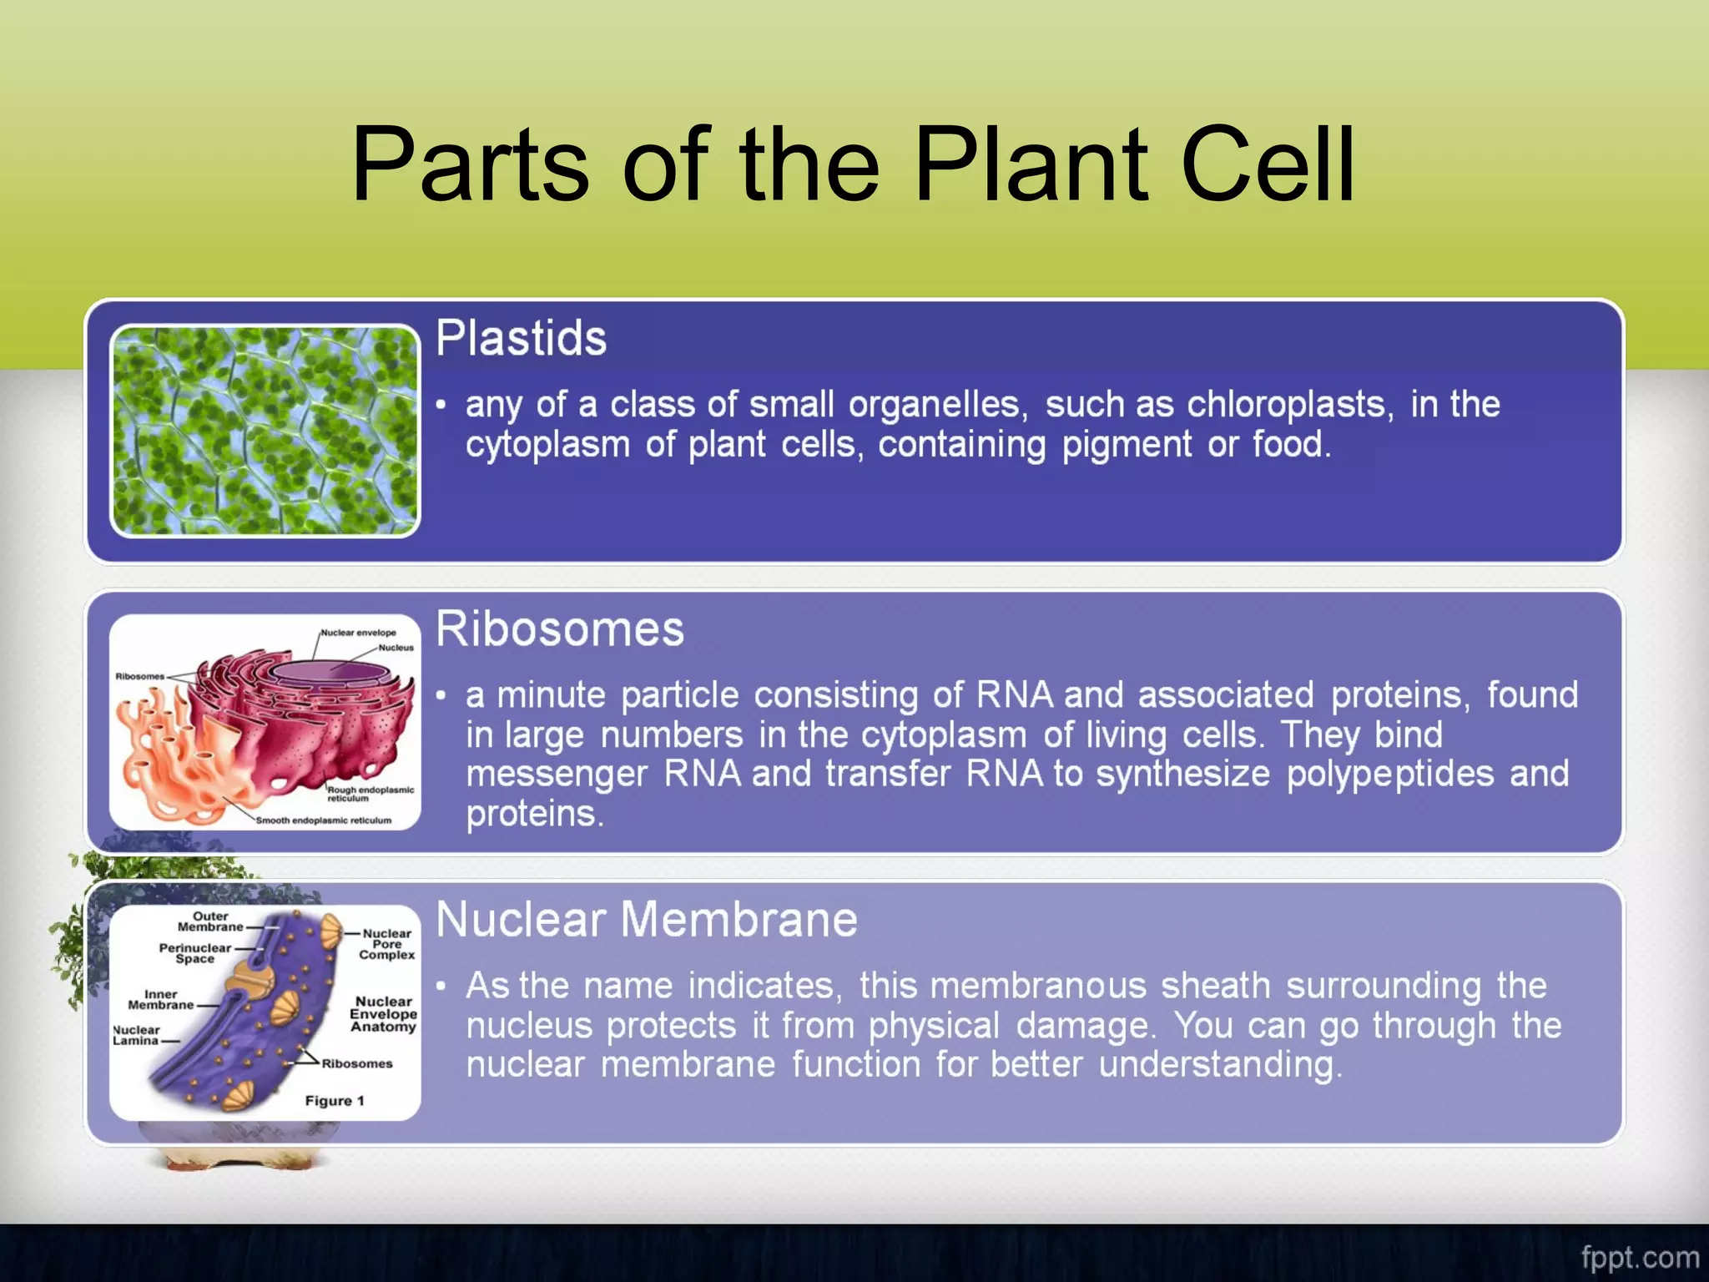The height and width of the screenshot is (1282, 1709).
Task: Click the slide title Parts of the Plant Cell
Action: click(853, 164)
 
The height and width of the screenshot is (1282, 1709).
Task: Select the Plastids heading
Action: click(521, 338)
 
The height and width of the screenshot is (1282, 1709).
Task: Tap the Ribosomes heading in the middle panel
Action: click(560, 628)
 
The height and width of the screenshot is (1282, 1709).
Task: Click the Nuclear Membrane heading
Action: click(647, 919)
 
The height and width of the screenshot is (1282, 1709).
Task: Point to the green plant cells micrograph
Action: click(265, 431)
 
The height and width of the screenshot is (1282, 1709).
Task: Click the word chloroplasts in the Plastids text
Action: click(1286, 405)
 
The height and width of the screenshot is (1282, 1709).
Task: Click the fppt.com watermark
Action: click(1639, 1257)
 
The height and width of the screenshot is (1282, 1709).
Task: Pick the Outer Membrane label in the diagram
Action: click(210, 921)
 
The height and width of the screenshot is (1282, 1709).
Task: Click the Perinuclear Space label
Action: click(194, 953)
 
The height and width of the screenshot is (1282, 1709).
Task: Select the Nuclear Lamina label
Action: click(136, 1035)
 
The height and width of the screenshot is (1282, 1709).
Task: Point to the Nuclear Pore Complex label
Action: click(386, 944)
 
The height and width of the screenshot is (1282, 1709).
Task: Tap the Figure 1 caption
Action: click(334, 1101)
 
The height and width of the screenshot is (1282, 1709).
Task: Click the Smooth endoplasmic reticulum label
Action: click(323, 820)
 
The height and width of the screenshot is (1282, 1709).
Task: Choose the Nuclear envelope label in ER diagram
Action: click(358, 633)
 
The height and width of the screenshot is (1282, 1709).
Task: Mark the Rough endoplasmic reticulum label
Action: click(370, 793)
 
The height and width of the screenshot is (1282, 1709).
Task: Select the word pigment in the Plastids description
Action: click(1126, 445)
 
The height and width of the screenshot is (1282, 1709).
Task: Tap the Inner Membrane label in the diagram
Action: click(160, 999)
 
